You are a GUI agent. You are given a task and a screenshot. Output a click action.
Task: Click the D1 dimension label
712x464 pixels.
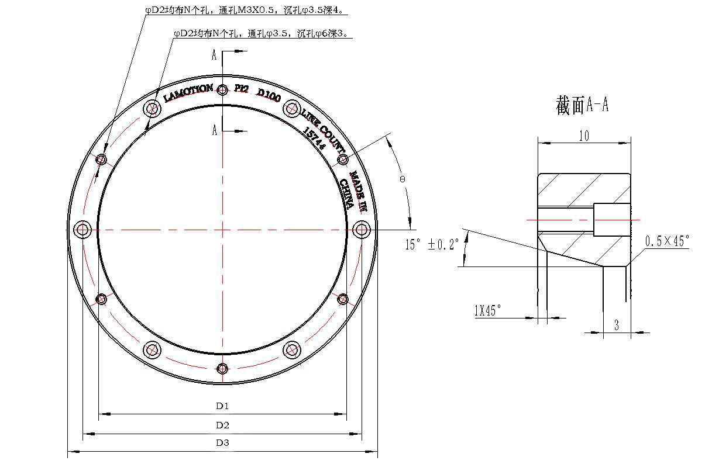(222, 406)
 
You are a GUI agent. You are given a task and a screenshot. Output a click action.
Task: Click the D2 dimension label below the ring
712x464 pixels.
(222, 425)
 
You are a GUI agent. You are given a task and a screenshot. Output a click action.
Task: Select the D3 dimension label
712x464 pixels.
(222, 443)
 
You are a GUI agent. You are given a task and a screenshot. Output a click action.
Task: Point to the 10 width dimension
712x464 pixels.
(584, 136)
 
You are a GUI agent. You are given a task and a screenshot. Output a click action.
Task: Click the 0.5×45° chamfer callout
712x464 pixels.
(667, 241)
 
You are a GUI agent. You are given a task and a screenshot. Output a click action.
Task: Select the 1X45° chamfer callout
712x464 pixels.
(487, 311)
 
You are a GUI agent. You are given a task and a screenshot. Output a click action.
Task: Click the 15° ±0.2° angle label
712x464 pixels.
(432, 244)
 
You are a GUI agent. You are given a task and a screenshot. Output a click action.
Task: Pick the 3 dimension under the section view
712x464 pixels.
(616, 326)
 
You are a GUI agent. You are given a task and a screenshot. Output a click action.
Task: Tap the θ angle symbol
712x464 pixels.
(403, 179)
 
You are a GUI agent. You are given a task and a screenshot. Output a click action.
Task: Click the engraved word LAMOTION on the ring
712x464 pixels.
(188, 93)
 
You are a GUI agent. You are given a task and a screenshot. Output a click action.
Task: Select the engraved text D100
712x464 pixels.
(269, 95)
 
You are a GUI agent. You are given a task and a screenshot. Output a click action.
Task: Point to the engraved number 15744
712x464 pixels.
(314, 140)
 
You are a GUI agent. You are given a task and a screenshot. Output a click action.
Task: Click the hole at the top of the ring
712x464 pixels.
(222, 90)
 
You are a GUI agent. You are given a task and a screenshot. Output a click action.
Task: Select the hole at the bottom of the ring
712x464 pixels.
(222, 368)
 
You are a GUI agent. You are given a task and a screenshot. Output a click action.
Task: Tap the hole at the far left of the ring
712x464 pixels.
(82, 228)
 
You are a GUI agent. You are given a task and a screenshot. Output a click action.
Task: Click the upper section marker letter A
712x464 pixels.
(215, 56)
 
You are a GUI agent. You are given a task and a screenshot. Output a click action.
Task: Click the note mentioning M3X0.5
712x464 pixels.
(244, 11)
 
